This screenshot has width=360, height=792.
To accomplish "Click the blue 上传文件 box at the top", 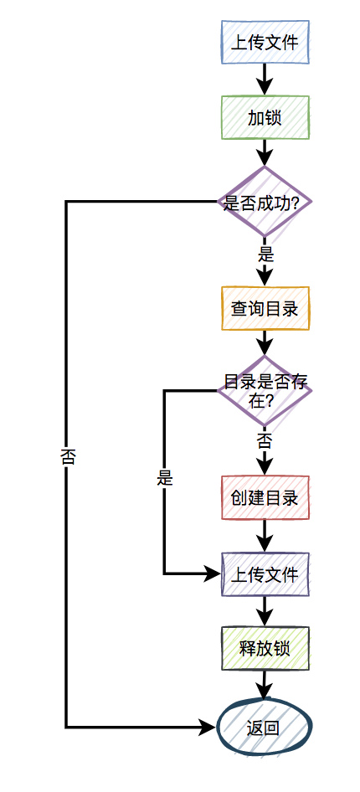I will pos(265,42).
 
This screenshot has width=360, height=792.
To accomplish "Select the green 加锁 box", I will pos(265,117).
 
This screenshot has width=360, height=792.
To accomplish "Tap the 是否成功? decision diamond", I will pos(265,202).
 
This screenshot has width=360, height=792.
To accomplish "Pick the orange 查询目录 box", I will pos(265,308).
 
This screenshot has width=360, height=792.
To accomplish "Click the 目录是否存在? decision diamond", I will pos(265,391).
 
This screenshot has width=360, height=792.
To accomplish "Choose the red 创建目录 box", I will pos(265,498).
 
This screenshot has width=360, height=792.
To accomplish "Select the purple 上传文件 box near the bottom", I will pos(265,574).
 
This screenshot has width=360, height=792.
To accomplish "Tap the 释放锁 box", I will pos(265,648).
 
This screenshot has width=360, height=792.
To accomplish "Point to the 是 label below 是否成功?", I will pos(265,255).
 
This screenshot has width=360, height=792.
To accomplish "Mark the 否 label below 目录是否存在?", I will pos(265,440).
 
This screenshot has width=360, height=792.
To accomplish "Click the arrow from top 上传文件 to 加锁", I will pos(265,80).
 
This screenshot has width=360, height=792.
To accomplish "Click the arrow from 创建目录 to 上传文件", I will pos(265,536).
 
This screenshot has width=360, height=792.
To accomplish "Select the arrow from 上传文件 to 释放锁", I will pos(265,610).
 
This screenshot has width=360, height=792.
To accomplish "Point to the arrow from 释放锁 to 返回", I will pos(265,685).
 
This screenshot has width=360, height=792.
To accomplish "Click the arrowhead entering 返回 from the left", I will pos(208,727).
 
